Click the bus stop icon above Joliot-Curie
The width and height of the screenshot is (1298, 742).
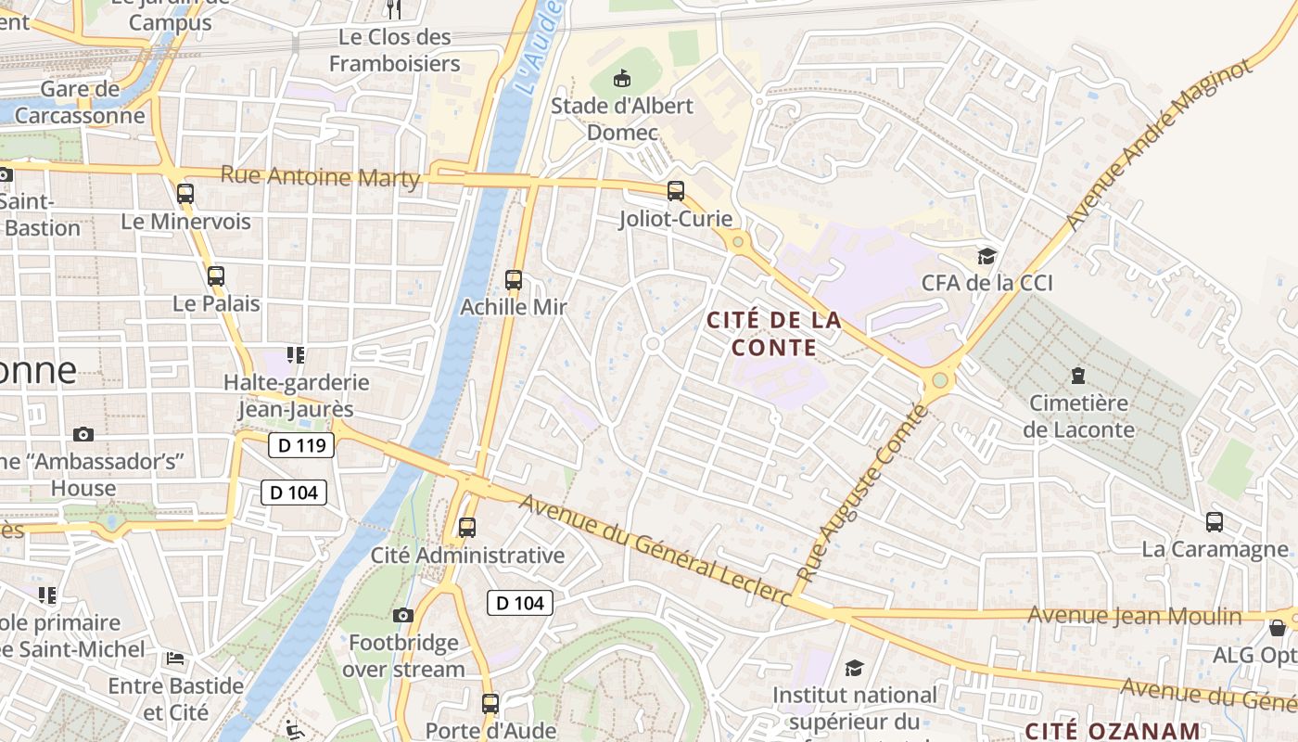676,191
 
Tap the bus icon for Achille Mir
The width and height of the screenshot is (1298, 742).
514,279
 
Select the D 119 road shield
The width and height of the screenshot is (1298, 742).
301,445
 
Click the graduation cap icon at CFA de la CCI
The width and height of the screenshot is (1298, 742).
986,256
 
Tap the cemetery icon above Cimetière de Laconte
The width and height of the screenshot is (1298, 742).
1077,376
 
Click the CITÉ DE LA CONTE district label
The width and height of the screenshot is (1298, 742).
774,334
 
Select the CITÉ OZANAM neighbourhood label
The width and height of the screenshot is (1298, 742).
1113,730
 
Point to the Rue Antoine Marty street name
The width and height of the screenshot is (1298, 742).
320,176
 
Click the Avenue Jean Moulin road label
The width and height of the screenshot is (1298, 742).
1135,616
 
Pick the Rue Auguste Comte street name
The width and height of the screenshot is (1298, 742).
862,493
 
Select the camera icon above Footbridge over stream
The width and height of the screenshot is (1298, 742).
402,615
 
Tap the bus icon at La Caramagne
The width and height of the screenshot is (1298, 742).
1214,522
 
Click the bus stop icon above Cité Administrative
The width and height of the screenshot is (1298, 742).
467,528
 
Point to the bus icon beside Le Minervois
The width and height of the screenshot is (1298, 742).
185,194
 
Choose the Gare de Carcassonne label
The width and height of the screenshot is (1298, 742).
80,103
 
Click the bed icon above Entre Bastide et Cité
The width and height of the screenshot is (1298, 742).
175,659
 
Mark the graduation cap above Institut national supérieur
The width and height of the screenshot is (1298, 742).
854,668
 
